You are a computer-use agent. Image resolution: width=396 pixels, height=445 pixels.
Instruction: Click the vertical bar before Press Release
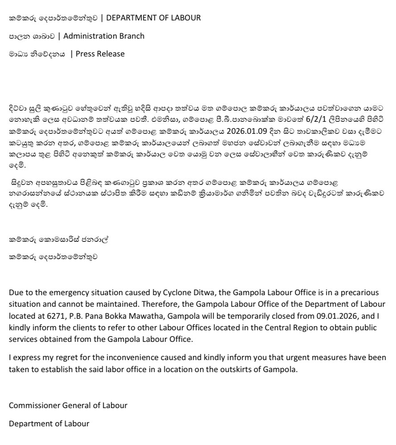tap(72, 54)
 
